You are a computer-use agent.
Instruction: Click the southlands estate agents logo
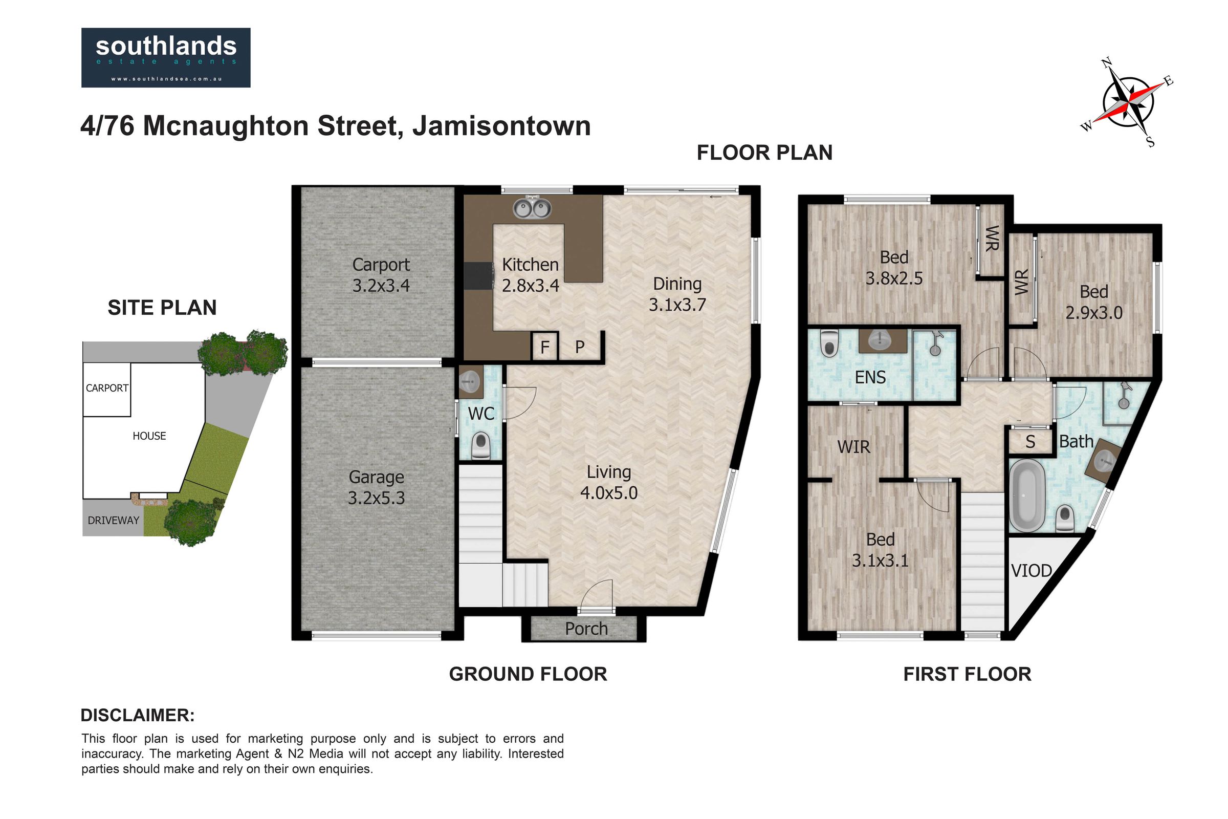pyautogui.click(x=165, y=57)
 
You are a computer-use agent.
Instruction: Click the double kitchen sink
pyautogui.click(x=532, y=208)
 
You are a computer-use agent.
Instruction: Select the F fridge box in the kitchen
pyautogui.click(x=544, y=347)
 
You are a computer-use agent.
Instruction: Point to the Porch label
pyautogui.click(x=586, y=629)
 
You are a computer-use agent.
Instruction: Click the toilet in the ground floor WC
pyautogui.click(x=480, y=445)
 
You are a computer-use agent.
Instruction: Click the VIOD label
pyautogui.click(x=1031, y=571)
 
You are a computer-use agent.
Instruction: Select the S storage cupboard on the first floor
pyautogui.click(x=1029, y=442)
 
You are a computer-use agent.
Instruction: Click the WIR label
pyautogui.click(x=853, y=447)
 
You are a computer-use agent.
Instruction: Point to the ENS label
pyautogui.click(x=870, y=377)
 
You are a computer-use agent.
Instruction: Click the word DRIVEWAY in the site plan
pyautogui.click(x=113, y=520)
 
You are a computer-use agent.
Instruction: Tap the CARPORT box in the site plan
pyautogui.click(x=106, y=389)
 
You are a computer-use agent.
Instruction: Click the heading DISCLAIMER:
pyautogui.click(x=137, y=715)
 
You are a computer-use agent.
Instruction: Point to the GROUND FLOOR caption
pyautogui.click(x=528, y=674)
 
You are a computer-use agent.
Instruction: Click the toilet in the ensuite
pyautogui.click(x=828, y=342)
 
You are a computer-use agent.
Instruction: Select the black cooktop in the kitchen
pyautogui.click(x=479, y=275)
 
